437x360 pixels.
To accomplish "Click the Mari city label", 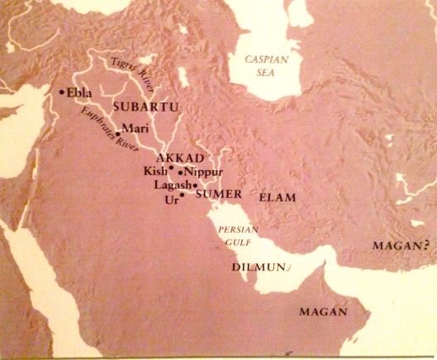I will click(x=134, y=128).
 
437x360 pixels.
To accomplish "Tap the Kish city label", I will click(x=154, y=171).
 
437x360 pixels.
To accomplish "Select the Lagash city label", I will click(x=172, y=185).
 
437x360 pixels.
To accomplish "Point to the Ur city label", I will click(x=172, y=199).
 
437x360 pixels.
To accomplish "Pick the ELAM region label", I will click(x=278, y=198).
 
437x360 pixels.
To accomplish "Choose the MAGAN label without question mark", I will click(x=320, y=313).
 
